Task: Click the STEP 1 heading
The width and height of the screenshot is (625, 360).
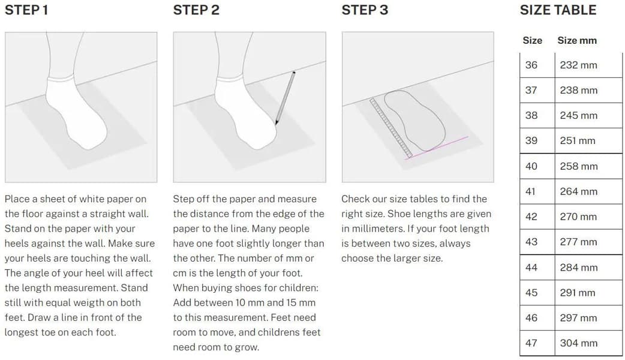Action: pos(26,10)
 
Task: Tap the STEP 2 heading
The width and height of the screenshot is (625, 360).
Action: pos(196,10)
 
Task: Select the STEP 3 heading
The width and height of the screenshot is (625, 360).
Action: pos(365,10)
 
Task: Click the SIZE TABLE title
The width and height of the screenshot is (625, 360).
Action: pos(558,10)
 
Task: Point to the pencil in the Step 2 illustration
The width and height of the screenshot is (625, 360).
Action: pos(286,98)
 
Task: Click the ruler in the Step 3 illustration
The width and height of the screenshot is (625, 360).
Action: pos(391,128)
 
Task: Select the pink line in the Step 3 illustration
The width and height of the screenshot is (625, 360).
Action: pos(437,148)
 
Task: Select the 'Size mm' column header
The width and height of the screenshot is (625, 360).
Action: pos(577,40)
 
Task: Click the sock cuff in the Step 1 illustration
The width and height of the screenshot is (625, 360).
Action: pos(61,77)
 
